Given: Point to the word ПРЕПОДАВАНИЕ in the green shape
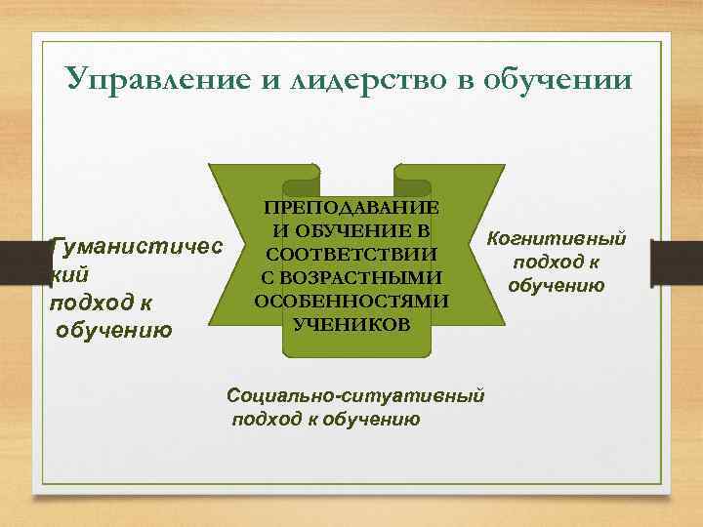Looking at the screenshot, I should click(x=351, y=209).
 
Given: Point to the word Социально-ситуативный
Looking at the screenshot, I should click(x=355, y=397).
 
